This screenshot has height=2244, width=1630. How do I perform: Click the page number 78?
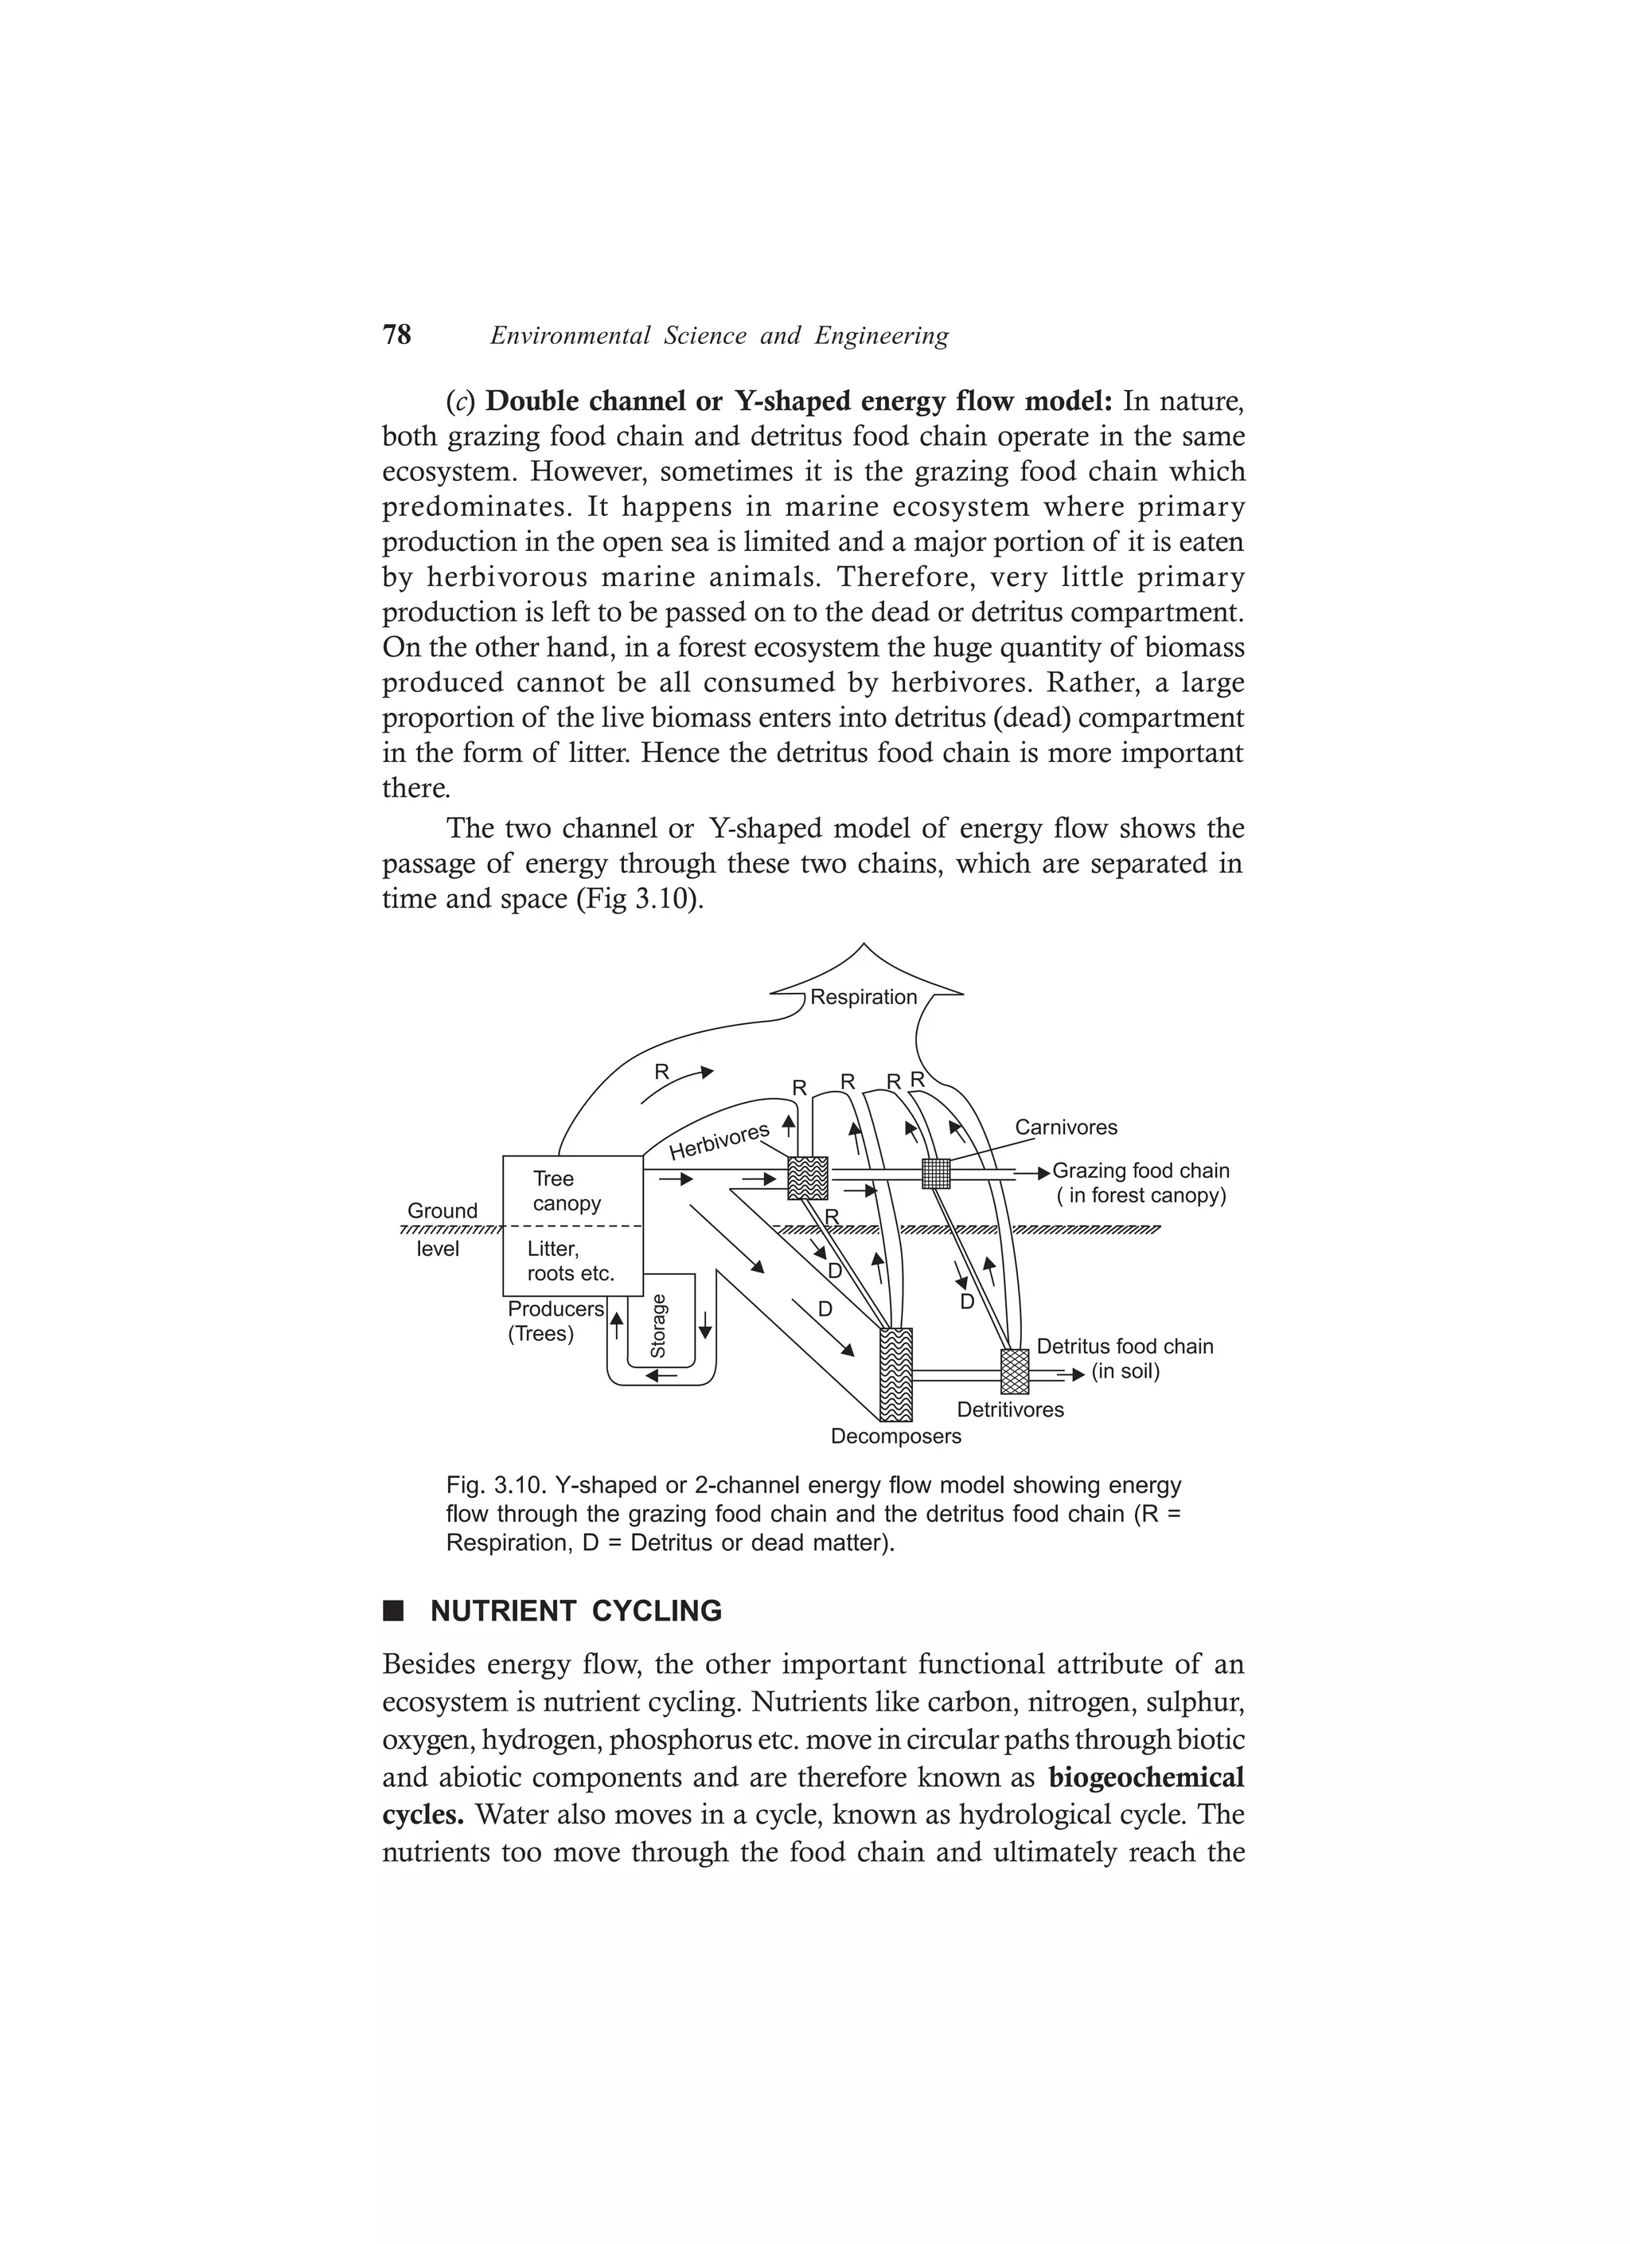click(x=396, y=335)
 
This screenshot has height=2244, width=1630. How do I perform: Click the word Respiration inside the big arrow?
click(x=863, y=997)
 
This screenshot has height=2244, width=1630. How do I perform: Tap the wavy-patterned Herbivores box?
click(x=807, y=1178)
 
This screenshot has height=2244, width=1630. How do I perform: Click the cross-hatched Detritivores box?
click(x=1015, y=1371)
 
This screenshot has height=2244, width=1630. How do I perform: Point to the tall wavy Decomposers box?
click(x=895, y=1374)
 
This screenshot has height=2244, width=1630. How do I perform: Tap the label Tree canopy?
click(x=567, y=1190)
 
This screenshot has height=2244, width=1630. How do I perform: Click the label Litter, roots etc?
click(x=570, y=1261)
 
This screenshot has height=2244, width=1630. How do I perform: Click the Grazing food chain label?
click(x=1141, y=1171)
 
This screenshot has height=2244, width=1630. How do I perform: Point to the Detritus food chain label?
click(x=1125, y=1346)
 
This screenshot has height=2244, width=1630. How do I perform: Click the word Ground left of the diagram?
click(x=442, y=1211)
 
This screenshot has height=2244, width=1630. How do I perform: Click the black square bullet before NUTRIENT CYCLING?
click(x=394, y=1611)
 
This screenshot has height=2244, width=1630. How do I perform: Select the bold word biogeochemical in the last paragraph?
click(x=1145, y=1778)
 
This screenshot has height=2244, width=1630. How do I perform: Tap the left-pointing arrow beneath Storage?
click(x=661, y=1374)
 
